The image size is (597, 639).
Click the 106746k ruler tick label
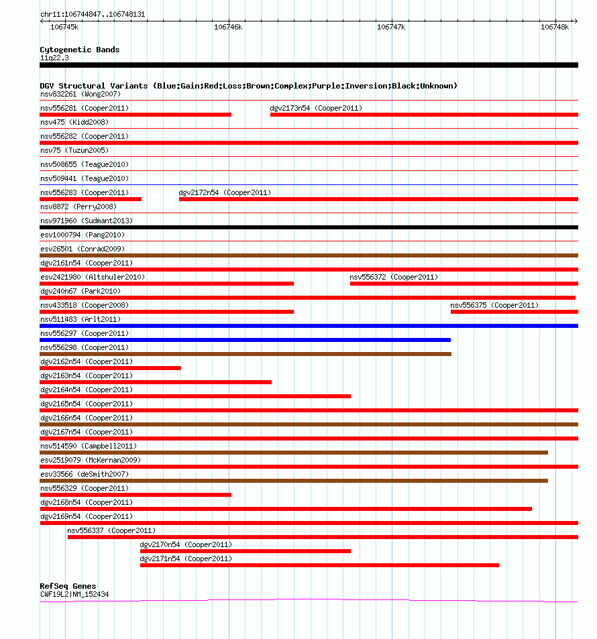[x=227, y=27]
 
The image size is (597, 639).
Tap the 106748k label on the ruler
[x=555, y=27]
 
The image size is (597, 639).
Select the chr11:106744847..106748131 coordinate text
[x=93, y=14]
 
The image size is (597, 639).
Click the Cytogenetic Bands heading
[x=79, y=50]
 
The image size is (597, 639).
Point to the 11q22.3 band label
[x=54, y=58]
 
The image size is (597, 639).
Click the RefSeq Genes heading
[x=68, y=586]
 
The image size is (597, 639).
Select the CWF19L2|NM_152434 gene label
[x=74, y=594]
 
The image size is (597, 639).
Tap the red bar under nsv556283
[x=91, y=199]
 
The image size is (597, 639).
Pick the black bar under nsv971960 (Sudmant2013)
[x=309, y=227]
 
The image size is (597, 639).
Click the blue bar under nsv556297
[x=245, y=340]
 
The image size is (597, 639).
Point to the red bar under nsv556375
[x=514, y=312]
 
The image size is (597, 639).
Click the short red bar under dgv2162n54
[x=110, y=368]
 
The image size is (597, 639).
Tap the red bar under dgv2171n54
[x=319, y=565]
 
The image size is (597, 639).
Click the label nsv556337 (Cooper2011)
[x=111, y=530]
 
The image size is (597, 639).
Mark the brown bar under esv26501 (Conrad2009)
[x=309, y=255]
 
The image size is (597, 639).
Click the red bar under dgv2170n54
[x=245, y=551]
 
